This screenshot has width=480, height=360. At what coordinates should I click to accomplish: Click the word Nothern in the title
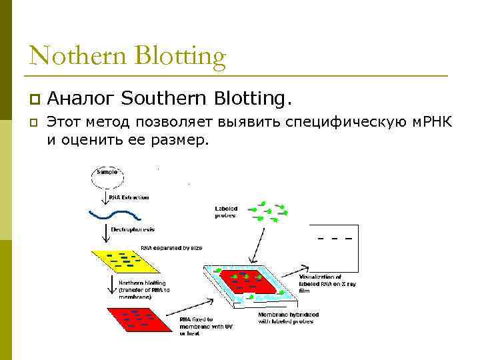pyautogui.click(x=78, y=55)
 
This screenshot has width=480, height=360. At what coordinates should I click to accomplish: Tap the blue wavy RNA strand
pyautogui.click(x=114, y=215)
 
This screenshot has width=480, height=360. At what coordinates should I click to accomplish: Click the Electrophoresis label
pyautogui.click(x=133, y=229)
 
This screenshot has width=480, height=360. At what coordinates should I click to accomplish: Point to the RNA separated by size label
pyautogui.click(x=171, y=248)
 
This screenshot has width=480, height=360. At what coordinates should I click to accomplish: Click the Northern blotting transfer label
pyautogui.click(x=144, y=289)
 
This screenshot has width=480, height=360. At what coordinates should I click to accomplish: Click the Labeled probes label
pyautogui.click(x=226, y=211)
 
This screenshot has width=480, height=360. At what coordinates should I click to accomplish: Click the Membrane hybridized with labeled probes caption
pyautogui.click(x=288, y=317)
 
